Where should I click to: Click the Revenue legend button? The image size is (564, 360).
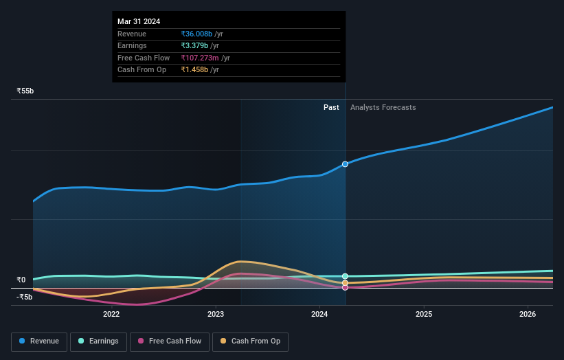point(39,341)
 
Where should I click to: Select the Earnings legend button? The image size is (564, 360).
point(98,341)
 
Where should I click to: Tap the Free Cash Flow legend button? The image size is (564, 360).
point(170,341)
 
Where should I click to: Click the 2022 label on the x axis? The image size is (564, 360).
point(111,315)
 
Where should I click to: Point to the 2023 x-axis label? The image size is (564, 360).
point(216,315)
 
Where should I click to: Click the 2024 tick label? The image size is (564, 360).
point(319,315)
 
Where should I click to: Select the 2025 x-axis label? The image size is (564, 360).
point(424,315)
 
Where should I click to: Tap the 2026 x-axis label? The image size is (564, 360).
point(528,315)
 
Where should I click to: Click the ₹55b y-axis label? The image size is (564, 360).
point(25,91)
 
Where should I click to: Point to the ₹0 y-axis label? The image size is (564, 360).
point(21,280)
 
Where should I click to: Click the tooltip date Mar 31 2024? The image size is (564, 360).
point(139,21)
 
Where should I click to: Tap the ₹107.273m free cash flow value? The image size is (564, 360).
point(201,58)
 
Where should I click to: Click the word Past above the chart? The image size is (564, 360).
point(331,107)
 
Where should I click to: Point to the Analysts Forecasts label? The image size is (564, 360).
point(383,107)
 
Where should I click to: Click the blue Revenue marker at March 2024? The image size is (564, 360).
point(345,164)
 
